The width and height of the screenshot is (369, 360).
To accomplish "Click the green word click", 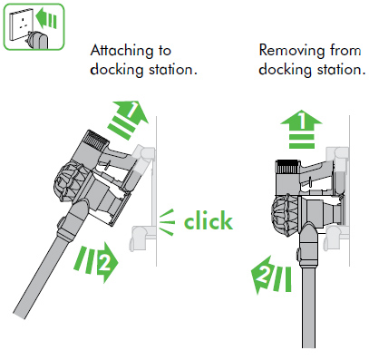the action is [209, 221].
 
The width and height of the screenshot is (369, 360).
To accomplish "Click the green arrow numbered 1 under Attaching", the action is [129, 119].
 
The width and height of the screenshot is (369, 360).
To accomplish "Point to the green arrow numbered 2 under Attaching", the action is [96, 261].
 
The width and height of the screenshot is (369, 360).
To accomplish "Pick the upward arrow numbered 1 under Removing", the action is [301, 130].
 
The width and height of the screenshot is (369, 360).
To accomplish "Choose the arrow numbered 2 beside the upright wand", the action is [271, 275].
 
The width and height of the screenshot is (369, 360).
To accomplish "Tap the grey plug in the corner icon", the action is [38, 40].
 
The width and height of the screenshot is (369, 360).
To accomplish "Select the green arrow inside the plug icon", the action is [45, 19].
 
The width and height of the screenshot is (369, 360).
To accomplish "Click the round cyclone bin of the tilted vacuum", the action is [67, 180].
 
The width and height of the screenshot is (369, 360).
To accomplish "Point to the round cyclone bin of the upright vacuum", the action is [286, 214].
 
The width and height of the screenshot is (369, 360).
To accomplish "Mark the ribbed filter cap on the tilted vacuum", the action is [96, 140].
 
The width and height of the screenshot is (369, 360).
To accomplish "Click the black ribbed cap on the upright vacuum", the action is [288, 167].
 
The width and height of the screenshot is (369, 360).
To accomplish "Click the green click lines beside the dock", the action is [167, 222].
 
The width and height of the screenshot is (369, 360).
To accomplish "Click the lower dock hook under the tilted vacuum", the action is [141, 237].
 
